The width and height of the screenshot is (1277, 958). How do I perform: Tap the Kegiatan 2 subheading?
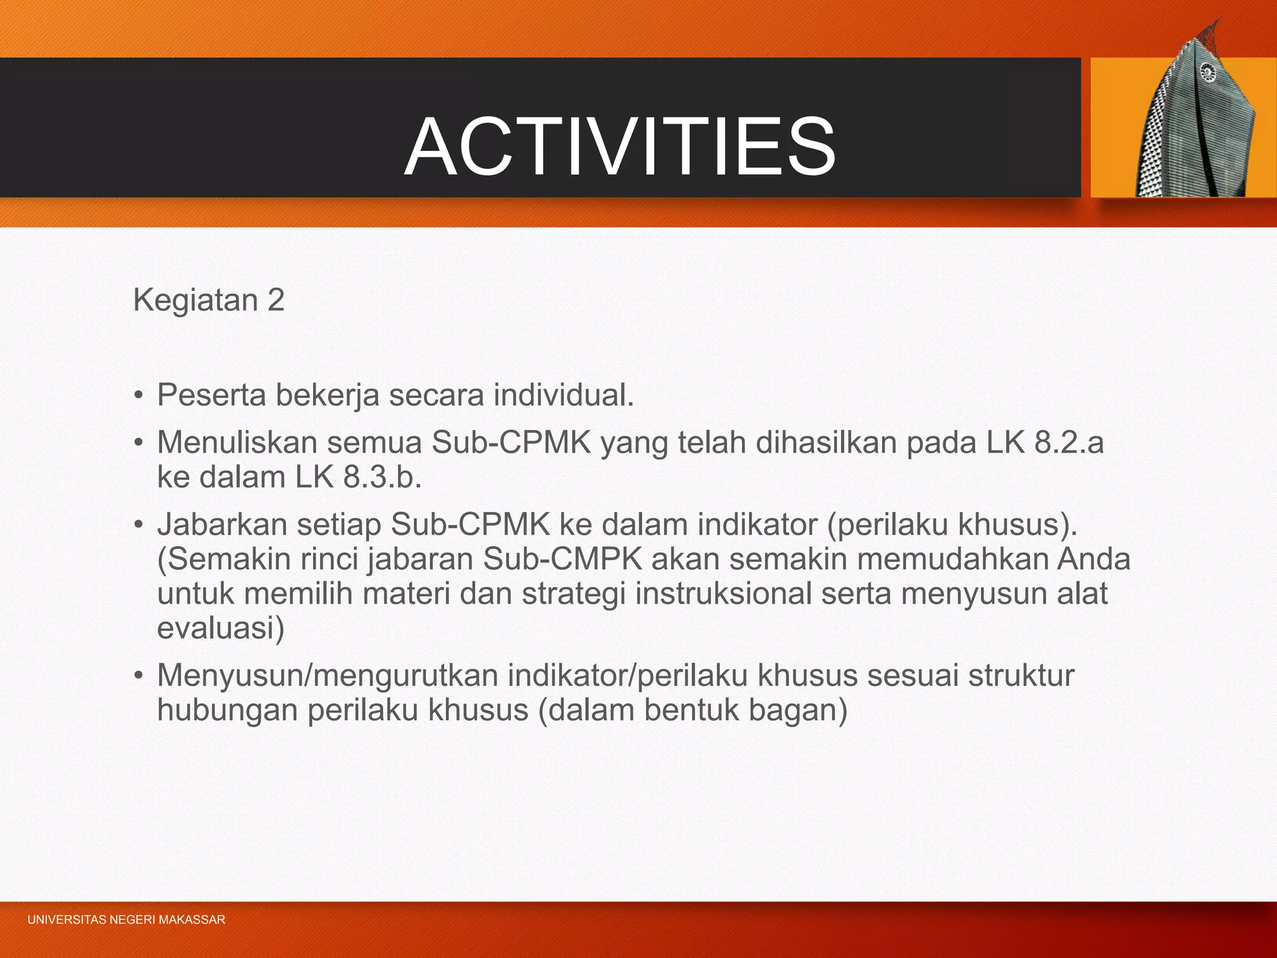pos(209,300)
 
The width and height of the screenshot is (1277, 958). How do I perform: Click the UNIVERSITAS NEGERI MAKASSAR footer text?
pos(126,920)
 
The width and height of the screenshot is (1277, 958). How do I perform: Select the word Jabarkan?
pos(222,525)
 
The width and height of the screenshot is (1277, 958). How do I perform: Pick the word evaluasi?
pos(220,627)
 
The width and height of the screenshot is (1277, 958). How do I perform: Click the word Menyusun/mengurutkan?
pos(327,675)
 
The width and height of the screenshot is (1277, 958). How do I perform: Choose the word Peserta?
pos(211,395)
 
